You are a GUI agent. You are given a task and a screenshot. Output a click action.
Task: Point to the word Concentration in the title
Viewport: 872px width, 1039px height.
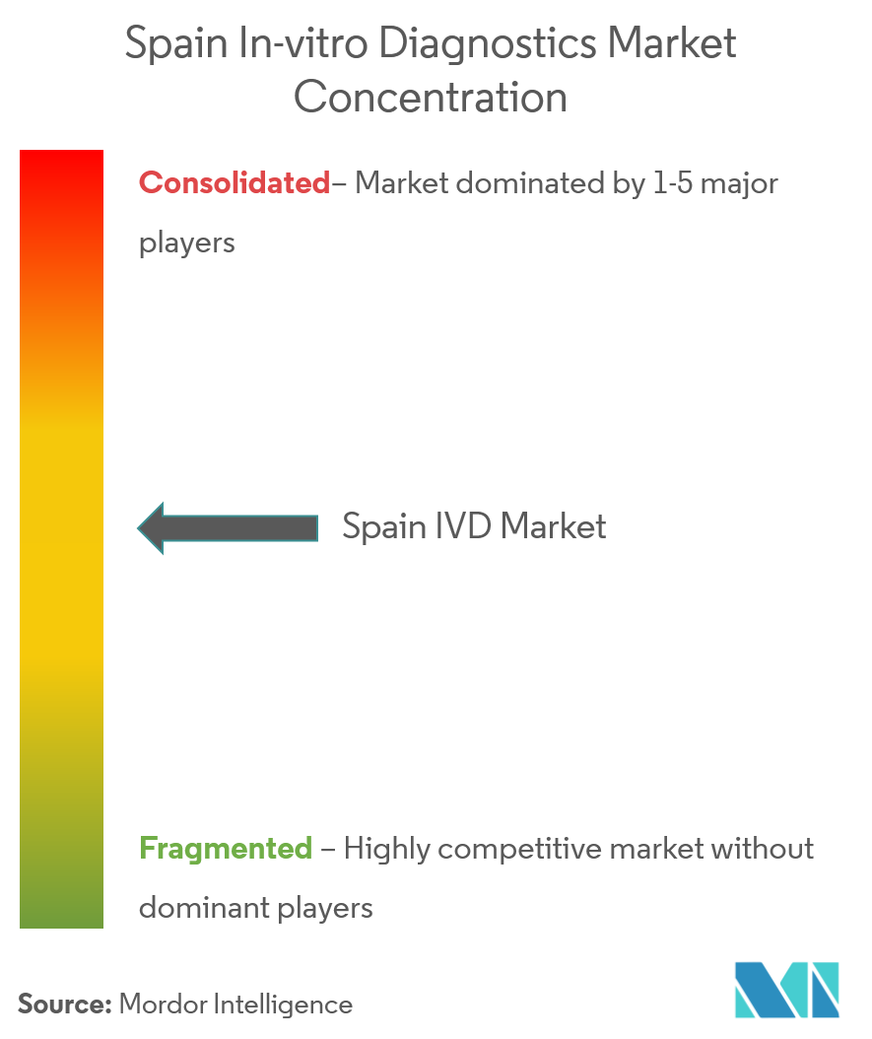coord(431,99)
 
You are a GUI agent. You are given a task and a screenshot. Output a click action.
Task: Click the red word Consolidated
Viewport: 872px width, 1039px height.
coord(235,183)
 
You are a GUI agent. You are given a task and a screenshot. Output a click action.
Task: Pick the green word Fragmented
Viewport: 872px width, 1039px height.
coord(226,848)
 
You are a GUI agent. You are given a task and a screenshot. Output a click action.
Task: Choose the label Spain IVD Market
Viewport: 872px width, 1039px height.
coord(474,527)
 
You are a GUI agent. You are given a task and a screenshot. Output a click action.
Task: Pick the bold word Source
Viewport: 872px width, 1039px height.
coord(64,1004)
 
